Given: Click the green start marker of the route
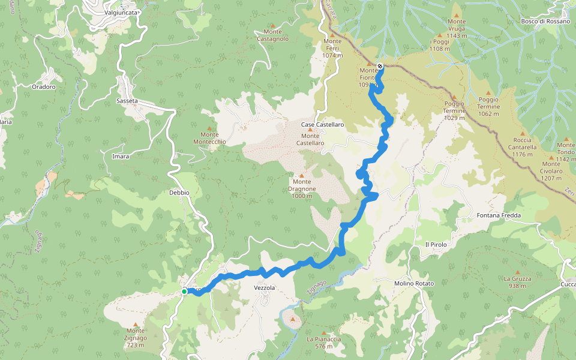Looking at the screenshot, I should tap(184, 291).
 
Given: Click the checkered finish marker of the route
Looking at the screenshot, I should tap(380, 66).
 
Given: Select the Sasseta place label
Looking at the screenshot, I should tap(127, 101).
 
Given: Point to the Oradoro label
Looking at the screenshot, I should tap(43, 86).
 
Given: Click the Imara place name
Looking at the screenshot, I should tap(121, 157).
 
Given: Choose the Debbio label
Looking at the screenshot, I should tap(179, 193).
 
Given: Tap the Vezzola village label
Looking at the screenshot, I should tap(265, 288).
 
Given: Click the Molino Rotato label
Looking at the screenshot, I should tap(414, 283).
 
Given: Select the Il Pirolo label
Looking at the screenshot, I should tap(436, 244).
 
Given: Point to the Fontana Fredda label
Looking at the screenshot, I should tap(499, 215).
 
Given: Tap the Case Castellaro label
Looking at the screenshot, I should tap(323, 125).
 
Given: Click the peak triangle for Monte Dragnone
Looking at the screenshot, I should tap(302, 175).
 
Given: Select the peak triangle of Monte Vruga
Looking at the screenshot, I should tap(456, 15).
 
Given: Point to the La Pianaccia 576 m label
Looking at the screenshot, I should tap(324, 343).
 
